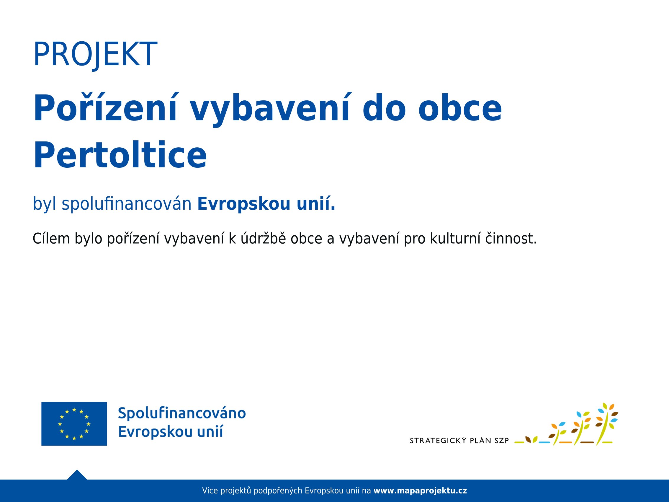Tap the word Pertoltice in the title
click(x=120, y=155)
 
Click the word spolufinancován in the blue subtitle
click(x=127, y=204)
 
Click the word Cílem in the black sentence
click(x=51, y=238)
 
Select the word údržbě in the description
click(x=263, y=238)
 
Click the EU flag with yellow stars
click(x=74, y=424)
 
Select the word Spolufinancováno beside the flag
click(x=182, y=413)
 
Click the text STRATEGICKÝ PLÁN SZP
click(x=459, y=441)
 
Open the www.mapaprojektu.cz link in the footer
click(x=421, y=491)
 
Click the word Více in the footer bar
click(x=210, y=491)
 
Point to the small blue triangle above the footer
click(x=77, y=475)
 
